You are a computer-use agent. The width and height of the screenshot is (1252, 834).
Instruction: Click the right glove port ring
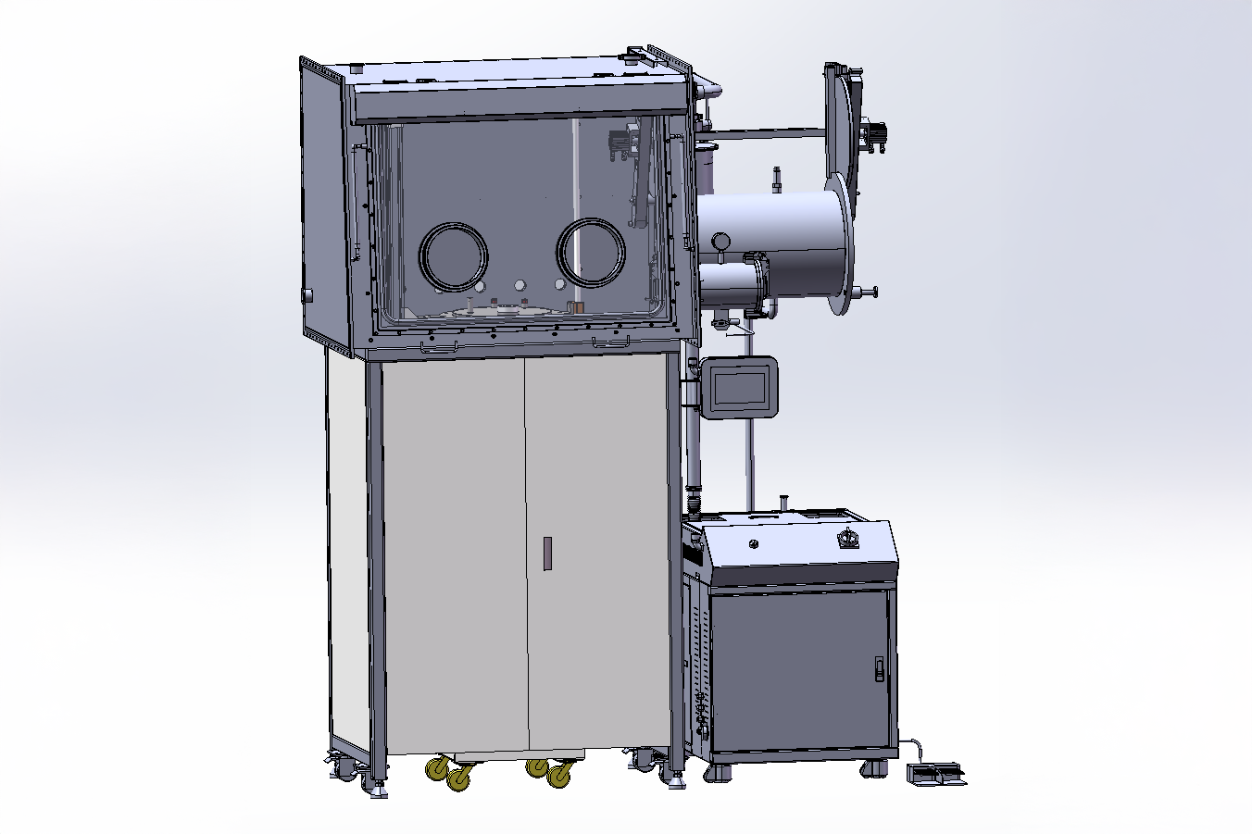590,252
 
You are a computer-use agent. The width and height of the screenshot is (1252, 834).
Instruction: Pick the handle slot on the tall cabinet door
547,553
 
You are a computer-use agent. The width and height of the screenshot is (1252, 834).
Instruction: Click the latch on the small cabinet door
879,667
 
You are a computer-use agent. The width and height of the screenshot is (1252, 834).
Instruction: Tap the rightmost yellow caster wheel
559,777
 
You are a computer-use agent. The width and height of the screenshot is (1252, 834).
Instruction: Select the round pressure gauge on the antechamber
719,240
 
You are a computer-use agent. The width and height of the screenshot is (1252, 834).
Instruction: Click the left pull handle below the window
439,347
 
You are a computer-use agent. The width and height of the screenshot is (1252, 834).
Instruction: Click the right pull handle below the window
611,342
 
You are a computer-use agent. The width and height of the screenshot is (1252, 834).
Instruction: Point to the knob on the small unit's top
847,537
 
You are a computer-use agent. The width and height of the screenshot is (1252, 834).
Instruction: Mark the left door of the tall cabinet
454,555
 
